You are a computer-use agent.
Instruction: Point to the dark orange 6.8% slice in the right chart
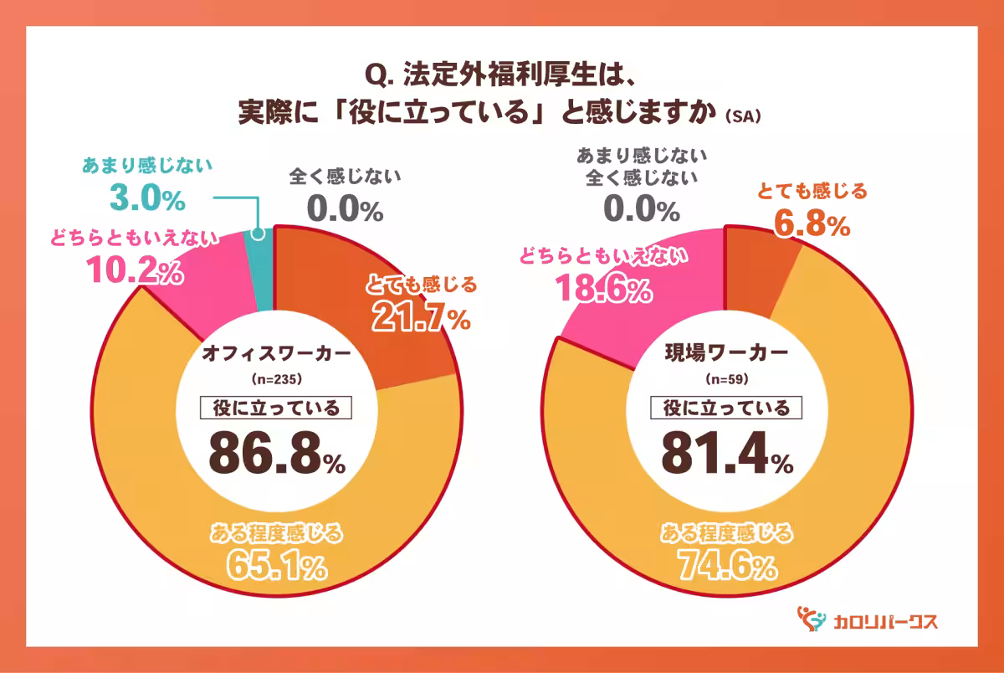pyautogui.click(x=757, y=259)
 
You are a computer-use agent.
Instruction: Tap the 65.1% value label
pyautogui.click(x=277, y=567)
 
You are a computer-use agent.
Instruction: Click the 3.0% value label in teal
pyautogui.click(x=147, y=199)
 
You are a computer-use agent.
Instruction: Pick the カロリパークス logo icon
pyautogui.click(x=809, y=619)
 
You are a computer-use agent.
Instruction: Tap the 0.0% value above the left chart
pyautogui.click(x=346, y=208)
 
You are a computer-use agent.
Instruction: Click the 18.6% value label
pyautogui.click(x=602, y=290)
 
